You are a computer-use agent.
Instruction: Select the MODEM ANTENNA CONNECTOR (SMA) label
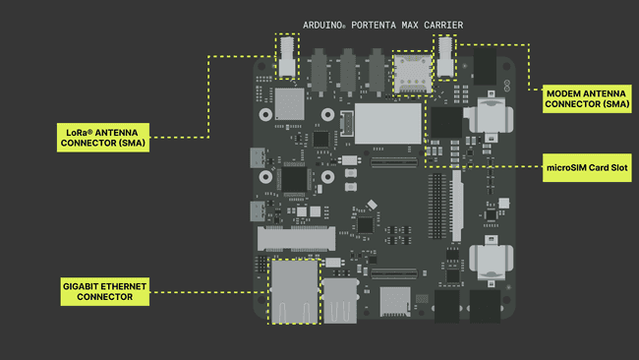[586, 97]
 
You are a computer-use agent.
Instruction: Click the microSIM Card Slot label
[587, 167]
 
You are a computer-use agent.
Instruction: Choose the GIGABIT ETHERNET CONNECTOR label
[104, 291]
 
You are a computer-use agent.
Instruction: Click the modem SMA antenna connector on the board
[445, 57]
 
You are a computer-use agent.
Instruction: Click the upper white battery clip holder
[489, 117]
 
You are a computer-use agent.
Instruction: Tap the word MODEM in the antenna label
[565, 91]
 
